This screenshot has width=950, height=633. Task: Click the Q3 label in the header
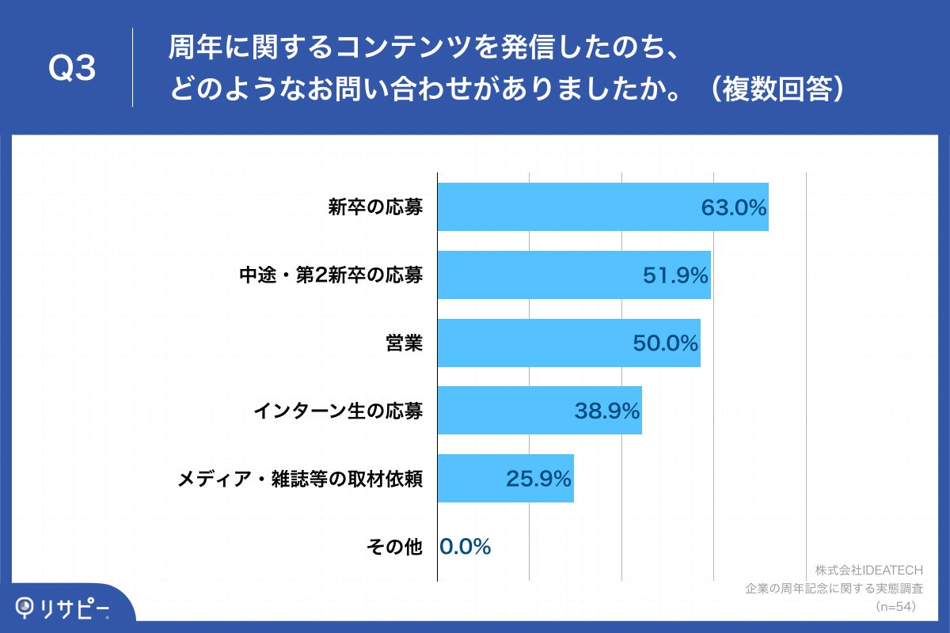72,69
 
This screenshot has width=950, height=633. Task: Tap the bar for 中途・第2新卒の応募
538,275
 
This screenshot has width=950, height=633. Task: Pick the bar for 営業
530,343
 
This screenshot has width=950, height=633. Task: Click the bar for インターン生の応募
507,411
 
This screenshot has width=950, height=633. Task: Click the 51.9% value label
675,275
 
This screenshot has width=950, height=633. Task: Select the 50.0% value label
665,343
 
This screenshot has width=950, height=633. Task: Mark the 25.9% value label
538,479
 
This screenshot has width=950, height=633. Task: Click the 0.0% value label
465,547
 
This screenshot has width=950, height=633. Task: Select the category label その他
394,547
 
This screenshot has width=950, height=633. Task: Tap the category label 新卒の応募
375,208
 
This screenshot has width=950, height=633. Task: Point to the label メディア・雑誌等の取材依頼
300,479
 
